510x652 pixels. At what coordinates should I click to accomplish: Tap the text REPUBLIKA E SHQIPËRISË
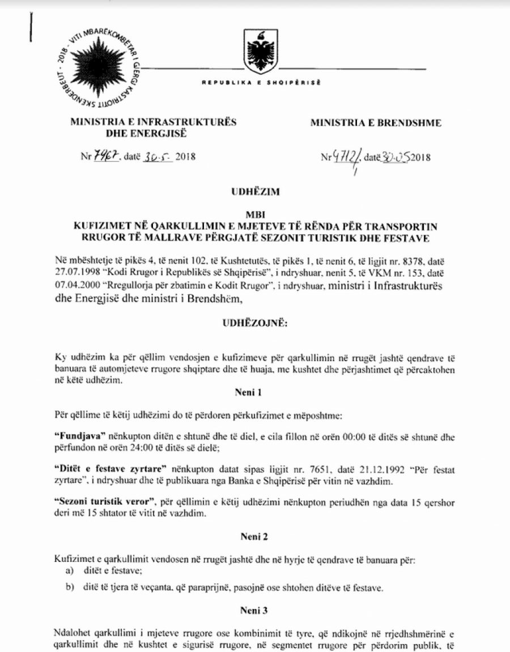262,83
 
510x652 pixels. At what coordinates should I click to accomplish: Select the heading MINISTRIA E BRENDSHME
376,123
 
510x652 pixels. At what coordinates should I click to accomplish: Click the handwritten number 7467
105,156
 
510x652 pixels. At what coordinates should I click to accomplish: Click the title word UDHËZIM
256,192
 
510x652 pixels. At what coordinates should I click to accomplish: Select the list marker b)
70,587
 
